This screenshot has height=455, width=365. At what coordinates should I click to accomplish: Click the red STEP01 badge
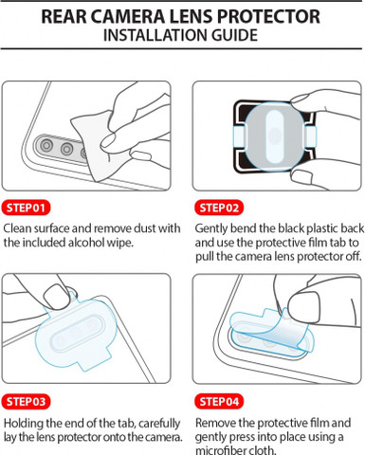pos(26,208)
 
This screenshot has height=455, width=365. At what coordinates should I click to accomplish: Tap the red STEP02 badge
pos(219,208)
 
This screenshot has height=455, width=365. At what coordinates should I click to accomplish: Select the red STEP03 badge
pos(26,402)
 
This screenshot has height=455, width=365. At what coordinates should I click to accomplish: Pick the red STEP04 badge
pos(219,402)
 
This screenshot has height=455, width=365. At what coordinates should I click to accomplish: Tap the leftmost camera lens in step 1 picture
pos(46,146)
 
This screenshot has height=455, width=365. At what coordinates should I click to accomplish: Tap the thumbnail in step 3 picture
pos(56,296)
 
